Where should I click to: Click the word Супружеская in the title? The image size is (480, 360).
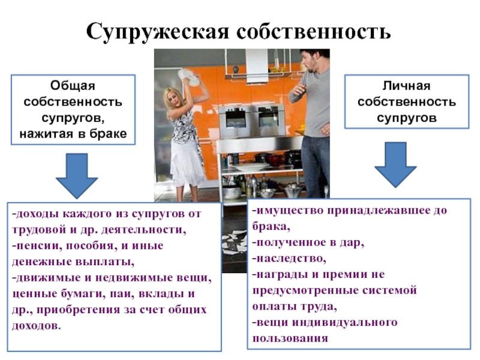tap(155, 29)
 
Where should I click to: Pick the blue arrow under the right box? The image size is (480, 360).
tap(396, 164)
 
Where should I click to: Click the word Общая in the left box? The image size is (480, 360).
tap(73, 87)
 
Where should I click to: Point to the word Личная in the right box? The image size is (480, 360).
tap(406, 87)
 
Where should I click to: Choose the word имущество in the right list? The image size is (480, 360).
tap(288, 211)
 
